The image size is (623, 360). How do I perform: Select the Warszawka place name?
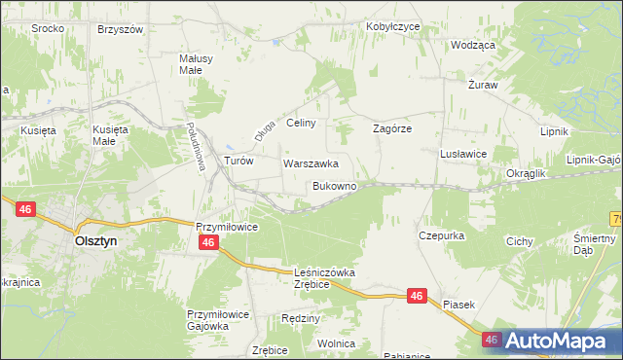[311, 163]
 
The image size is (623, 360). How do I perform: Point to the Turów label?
[238, 162]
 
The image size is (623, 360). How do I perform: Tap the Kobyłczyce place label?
[392, 26]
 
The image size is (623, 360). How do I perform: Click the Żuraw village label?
[483, 85]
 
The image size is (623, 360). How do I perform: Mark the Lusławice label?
[463, 154]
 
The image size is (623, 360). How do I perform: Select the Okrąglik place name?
[527, 173]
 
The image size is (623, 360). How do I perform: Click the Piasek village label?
[458, 305]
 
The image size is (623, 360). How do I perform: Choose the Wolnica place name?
[336, 343]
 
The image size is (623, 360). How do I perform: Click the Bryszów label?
[121, 29]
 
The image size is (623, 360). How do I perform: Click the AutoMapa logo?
[559, 341]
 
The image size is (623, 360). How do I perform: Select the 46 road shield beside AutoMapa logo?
[492, 340]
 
